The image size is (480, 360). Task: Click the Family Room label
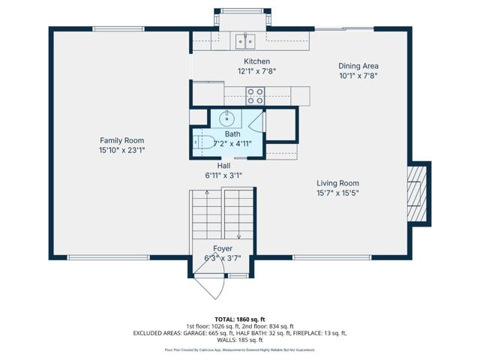click(x=122, y=140)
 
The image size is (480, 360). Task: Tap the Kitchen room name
click(x=256, y=61)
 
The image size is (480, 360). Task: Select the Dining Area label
click(x=358, y=66)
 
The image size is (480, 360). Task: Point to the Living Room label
click(x=337, y=183)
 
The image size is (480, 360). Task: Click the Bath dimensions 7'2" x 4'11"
click(x=232, y=143)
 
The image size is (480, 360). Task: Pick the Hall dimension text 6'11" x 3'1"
click(x=223, y=175)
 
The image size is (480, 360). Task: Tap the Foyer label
click(x=222, y=248)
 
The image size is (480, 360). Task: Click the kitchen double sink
click(x=244, y=40)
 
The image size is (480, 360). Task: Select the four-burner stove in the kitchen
click(x=256, y=95)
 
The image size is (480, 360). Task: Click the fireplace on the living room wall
click(x=417, y=193)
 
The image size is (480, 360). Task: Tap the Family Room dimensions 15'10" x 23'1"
click(x=122, y=150)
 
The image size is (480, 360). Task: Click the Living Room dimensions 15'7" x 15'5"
click(x=337, y=193)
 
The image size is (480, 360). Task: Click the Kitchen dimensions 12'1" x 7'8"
click(x=256, y=71)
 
